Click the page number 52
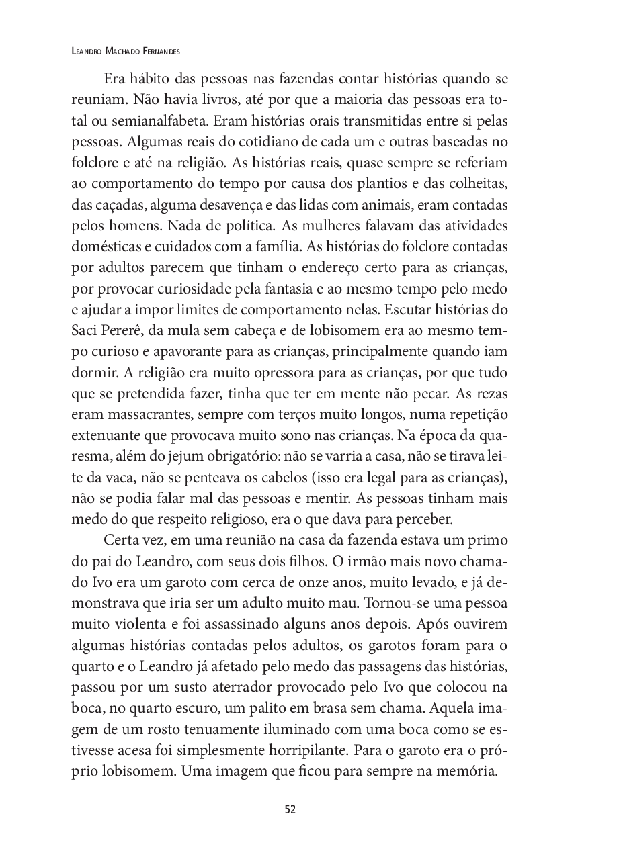tap(290, 809)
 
